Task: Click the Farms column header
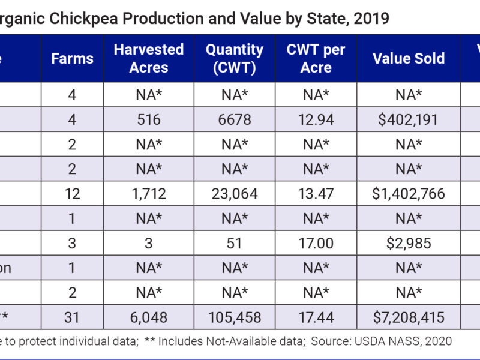pyautogui.click(x=72, y=58)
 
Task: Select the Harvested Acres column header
pyautogui.click(x=149, y=58)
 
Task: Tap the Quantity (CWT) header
pyautogui.click(x=235, y=58)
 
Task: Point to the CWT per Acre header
pyautogui.click(x=316, y=58)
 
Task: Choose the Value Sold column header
pyautogui.click(x=409, y=58)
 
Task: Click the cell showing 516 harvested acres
pyautogui.click(x=149, y=120)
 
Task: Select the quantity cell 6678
pyautogui.click(x=235, y=120)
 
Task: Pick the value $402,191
pyautogui.click(x=409, y=120)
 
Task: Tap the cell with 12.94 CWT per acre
pyautogui.click(x=316, y=120)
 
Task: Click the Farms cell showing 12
pyautogui.click(x=72, y=194)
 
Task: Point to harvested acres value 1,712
pyautogui.click(x=149, y=194)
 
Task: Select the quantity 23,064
pyautogui.click(x=235, y=194)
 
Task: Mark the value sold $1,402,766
pyautogui.click(x=409, y=194)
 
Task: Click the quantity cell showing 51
pyautogui.click(x=235, y=243)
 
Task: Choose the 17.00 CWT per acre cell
pyautogui.click(x=316, y=243)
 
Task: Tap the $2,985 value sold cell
pyautogui.click(x=409, y=243)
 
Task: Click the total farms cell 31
pyautogui.click(x=72, y=317)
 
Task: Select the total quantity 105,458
pyautogui.click(x=235, y=317)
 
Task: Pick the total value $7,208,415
pyautogui.click(x=409, y=317)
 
